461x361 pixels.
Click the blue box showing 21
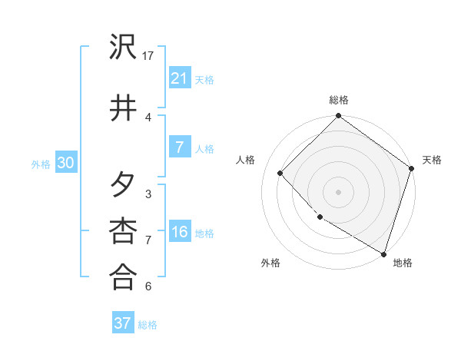coord(179,78)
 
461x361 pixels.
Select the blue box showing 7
coord(179,147)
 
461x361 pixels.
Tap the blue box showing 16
coord(179,231)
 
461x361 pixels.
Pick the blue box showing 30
coord(65,162)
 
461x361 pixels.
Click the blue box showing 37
coord(122,323)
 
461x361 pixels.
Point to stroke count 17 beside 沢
coord(149,55)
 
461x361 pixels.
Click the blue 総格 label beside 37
coord(148,325)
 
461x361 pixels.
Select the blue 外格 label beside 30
coord(41,164)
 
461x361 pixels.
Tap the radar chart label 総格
coord(339,100)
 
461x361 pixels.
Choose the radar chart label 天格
coord(432,160)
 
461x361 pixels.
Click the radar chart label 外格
coord(270,263)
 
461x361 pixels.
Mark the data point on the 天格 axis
coord(412,169)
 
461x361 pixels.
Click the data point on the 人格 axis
coord(280,173)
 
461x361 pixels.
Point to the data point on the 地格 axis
coord(383,253)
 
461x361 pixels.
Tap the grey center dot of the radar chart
coord(339,191)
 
